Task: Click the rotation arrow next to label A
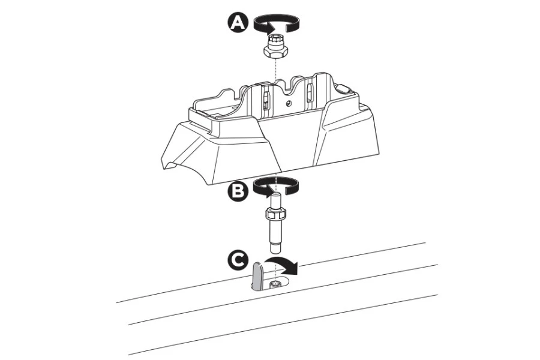point(275,23)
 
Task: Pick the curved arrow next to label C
point(281,264)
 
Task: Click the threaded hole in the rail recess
point(275,283)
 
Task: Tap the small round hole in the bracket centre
point(287,103)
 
